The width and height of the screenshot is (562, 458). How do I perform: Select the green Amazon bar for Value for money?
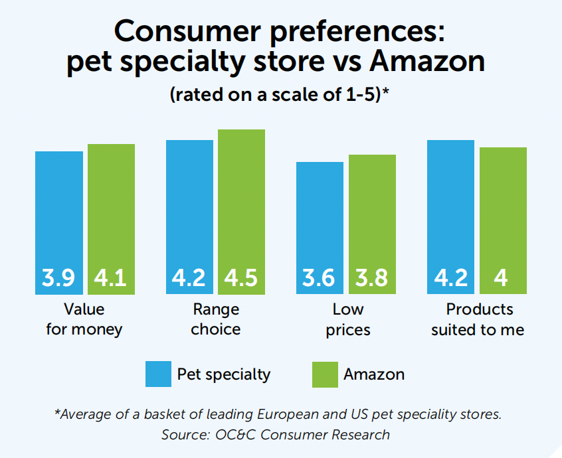tap(111, 219)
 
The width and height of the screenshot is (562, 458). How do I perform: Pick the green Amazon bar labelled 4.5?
tap(241, 212)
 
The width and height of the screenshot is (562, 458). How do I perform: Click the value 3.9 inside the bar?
tap(59, 277)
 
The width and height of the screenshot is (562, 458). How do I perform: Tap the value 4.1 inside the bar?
tap(111, 277)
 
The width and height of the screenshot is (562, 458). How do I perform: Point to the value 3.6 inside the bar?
tap(320, 277)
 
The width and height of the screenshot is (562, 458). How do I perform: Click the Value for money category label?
tap(84, 319)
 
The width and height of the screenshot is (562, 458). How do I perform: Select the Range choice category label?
tap(216, 319)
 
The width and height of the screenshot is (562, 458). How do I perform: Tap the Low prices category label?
tap(347, 319)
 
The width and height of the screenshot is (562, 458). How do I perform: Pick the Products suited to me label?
tap(478, 319)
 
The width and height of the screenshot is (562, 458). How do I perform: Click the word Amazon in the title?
tap(426, 61)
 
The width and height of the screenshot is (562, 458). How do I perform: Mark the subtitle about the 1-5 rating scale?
tap(279, 94)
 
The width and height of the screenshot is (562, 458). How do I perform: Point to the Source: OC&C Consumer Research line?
tap(275, 435)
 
